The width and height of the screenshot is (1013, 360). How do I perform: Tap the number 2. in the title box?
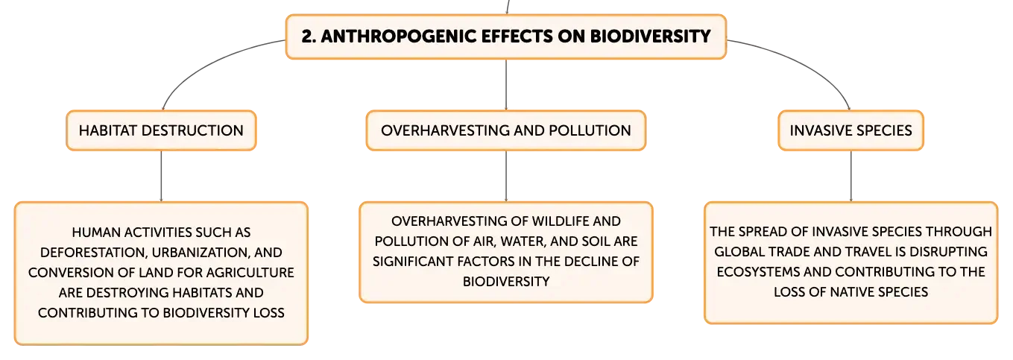pyautogui.click(x=309, y=37)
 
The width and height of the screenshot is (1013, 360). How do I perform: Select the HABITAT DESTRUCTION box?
pyautogui.click(x=162, y=130)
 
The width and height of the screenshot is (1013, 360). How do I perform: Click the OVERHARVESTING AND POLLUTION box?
pyautogui.click(x=506, y=130)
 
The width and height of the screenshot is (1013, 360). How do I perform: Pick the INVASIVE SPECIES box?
pyautogui.click(x=851, y=130)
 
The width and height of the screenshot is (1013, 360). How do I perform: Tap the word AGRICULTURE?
pyautogui.click(x=247, y=272)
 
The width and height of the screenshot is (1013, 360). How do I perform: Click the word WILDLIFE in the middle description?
pyautogui.click(x=560, y=221)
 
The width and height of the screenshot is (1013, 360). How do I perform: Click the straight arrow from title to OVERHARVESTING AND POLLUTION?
pyautogui.click(x=506, y=84)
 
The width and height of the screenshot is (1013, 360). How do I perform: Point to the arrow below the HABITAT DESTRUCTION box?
pyautogui.click(x=162, y=176)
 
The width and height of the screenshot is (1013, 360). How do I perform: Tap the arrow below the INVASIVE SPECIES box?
pyautogui.click(x=851, y=176)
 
